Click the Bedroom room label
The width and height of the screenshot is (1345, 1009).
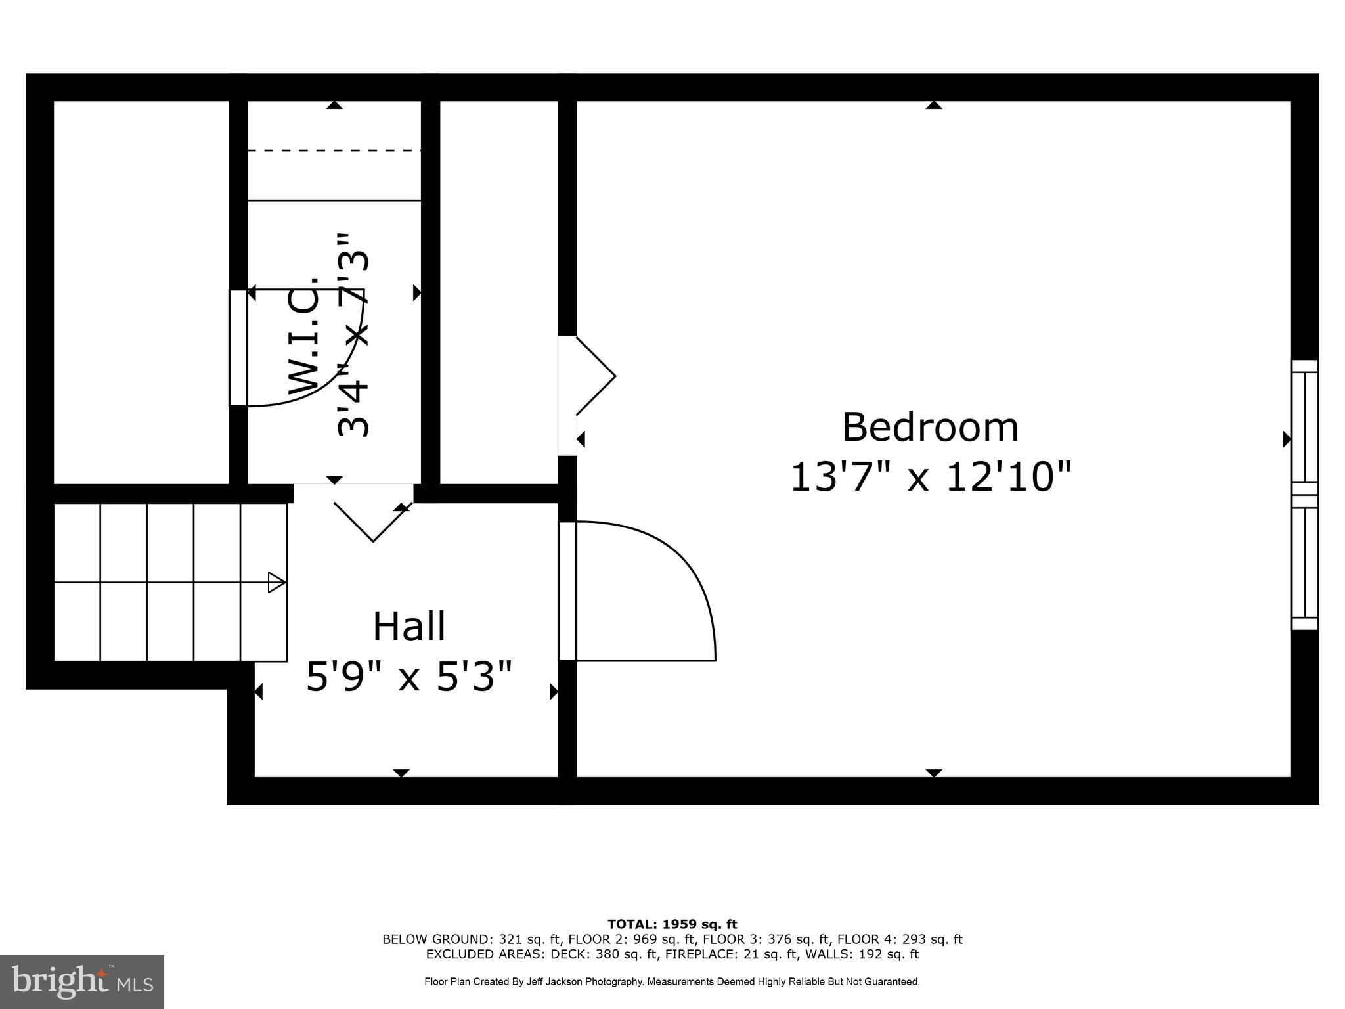pyautogui.click(x=930, y=428)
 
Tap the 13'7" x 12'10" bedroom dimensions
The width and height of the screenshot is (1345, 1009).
pyautogui.click(x=930, y=477)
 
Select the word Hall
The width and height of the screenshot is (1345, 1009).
pyautogui.click(x=409, y=627)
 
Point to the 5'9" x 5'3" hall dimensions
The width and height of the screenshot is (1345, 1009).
pyautogui.click(x=409, y=677)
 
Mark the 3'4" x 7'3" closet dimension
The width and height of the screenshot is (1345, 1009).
pyautogui.click(x=355, y=335)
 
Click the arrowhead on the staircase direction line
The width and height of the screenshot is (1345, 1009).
pyautogui.click(x=276, y=583)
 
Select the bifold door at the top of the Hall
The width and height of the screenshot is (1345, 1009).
pyautogui.click(x=373, y=519)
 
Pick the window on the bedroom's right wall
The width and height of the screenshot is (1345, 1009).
pyautogui.click(x=1304, y=495)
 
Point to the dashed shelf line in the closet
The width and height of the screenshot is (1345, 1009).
pyautogui.click(x=334, y=151)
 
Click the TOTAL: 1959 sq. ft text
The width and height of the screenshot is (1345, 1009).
pyautogui.click(x=672, y=925)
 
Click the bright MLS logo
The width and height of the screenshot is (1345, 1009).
pyautogui.click(x=82, y=981)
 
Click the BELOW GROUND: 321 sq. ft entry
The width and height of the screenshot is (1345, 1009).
pyautogui.click(x=471, y=939)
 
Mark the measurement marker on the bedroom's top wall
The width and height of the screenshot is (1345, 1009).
pyautogui.click(x=934, y=105)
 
